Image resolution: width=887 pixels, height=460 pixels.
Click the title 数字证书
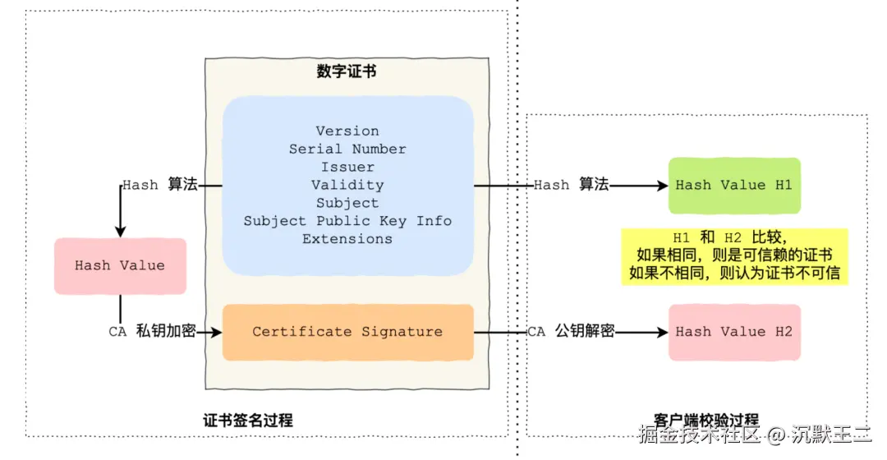point(347,71)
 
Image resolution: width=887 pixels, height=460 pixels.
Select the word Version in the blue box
point(347,131)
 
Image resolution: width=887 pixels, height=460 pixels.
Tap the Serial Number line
point(347,149)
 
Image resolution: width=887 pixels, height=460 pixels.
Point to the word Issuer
point(347,168)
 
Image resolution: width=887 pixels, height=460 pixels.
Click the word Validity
point(347,186)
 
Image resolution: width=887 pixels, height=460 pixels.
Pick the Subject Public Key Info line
point(347,221)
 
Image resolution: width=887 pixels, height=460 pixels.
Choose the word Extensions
point(347,239)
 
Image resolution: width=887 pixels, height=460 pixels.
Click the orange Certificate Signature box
point(347,332)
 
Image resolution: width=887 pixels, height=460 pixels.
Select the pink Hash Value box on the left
point(120,266)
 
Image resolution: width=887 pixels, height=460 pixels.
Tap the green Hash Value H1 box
point(733,186)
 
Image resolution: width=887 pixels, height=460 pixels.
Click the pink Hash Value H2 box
point(733,332)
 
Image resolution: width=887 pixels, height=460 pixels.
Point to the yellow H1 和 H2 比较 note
point(734,255)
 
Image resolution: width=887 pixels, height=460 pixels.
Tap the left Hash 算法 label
point(160,186)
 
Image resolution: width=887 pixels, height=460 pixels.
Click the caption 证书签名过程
point(248,421)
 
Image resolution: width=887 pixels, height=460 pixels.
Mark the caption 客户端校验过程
point(695,421)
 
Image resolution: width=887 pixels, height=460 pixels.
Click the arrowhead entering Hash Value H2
point(663,332)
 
